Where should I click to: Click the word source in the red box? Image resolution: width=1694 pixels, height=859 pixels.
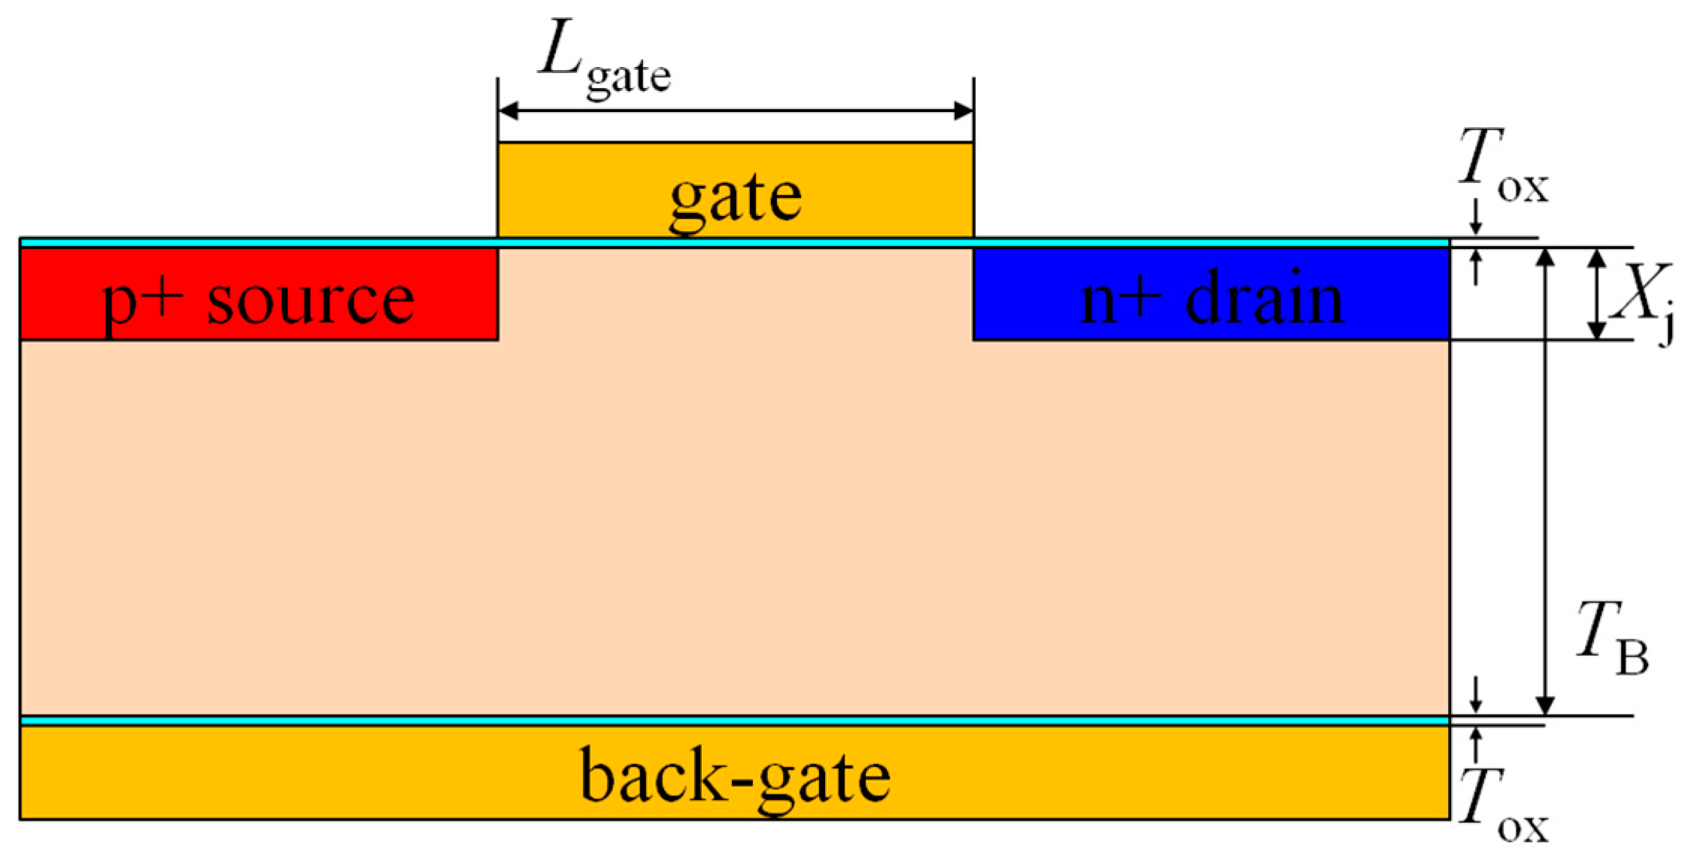[x=310, y=299]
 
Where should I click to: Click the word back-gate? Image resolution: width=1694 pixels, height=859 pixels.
[x=735, y=776]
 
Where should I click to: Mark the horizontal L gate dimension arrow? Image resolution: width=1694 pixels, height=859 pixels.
[x=735, y=111]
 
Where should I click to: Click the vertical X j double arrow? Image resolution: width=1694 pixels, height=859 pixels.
[x=1597, y=294]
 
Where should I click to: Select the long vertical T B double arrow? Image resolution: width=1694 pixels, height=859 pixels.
[x=1545, y=481]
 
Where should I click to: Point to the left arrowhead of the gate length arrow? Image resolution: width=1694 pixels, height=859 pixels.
[x=509, y=111]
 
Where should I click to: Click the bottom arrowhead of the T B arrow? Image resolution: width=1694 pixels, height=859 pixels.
[x=1545, y=706]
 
